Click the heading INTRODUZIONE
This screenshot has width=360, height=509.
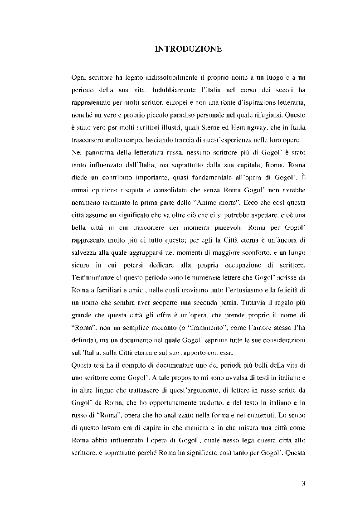pyautogui.click(x=188, y=48)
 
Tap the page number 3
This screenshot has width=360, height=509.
pyautogui.click(x=303, y=483)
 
